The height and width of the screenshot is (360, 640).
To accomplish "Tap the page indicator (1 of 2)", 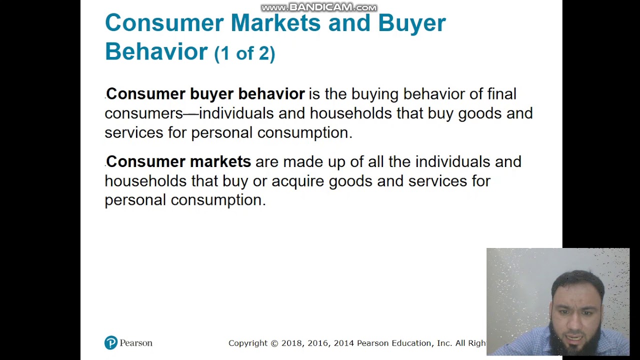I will point(244,53).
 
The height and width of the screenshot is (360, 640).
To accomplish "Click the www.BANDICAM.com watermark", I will point(318,7).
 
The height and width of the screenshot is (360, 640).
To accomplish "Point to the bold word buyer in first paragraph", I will point(211,94).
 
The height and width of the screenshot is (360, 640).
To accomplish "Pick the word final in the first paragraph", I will point(501,94).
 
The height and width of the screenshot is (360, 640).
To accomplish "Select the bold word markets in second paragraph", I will point(220,161).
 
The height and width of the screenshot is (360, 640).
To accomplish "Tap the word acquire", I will point(298,181).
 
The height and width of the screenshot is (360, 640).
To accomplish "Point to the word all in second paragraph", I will point(375,161).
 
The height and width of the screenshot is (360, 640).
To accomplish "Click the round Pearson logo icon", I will point(111,343).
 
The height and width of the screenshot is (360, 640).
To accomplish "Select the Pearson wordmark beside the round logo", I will point(136,343).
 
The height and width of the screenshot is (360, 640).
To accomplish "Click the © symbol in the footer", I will point(274,343).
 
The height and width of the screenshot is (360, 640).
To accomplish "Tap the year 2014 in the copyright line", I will point(344,343).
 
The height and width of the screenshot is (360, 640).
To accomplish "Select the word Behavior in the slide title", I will point(156,51).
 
